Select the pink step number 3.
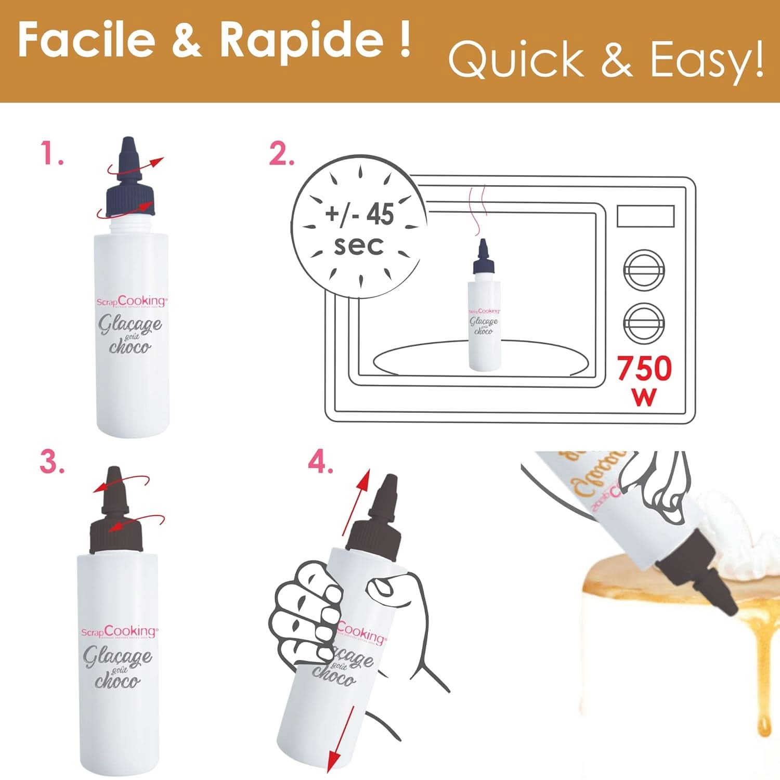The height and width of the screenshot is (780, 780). [52, 461]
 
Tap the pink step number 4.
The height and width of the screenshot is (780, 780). [320, 462]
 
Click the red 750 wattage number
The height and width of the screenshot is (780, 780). [644, 369]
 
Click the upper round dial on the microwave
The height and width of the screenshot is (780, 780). [644, 271]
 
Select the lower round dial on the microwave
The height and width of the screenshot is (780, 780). [644, 323]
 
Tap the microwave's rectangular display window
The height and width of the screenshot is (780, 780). [645, 216]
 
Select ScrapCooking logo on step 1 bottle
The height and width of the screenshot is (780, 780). [132, 301]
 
